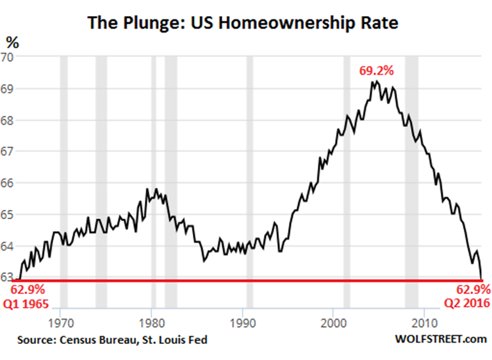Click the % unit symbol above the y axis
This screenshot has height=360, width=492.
tap(12, 43)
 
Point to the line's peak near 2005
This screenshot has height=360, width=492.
tap(375, 81)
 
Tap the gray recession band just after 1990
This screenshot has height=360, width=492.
tap(250, 167)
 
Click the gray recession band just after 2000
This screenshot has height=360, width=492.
tap(347, 167)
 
